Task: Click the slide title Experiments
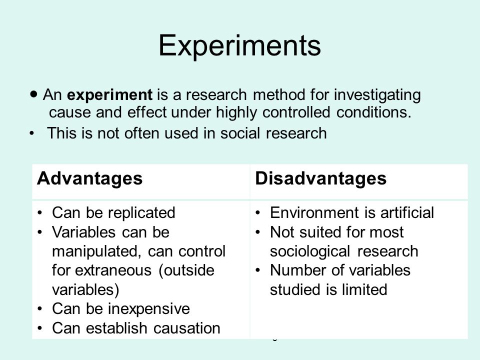[x=239, y=46]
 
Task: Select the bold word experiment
[x=109, y=95]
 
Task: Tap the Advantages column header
[x=89, y=179]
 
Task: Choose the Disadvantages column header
[x=321, y=179]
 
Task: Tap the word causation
[x=186, y=328]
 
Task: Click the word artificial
[x=407, y=213]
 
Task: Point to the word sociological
[x=310, y=252]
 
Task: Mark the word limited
[x=364, y=289]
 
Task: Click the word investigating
[x=377, y=95]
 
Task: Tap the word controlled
[x=296, y=112]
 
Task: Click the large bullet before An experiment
[x=34, y=93]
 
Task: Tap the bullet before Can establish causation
[x=40, y=328]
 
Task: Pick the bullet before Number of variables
[x=258, y=270]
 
